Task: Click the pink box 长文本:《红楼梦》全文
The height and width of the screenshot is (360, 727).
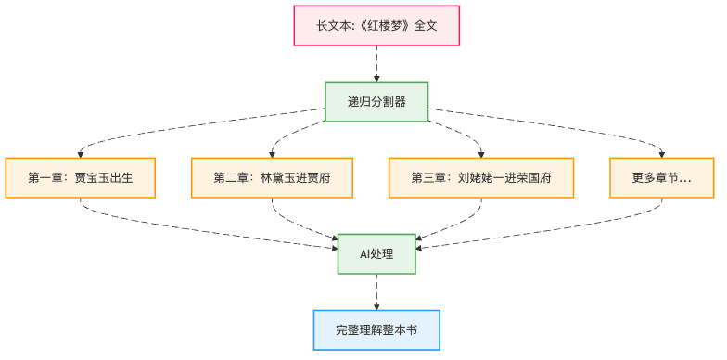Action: [x=376, y=26]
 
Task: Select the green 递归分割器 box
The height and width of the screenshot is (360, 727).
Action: [x=376, y=102]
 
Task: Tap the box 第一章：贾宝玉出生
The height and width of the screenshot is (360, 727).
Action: [x=80, y=178]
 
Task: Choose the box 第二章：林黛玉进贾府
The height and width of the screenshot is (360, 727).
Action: [x=272, y=178]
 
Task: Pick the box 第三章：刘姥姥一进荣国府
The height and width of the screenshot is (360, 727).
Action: [x=482, y=178]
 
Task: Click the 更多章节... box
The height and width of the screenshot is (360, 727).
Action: [x=662, y=178]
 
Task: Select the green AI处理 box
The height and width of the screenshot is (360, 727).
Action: [x=376, y=254]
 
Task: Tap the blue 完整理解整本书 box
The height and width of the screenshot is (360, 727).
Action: [x=376, y=330]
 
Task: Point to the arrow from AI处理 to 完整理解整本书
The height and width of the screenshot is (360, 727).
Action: [x=376, y=291]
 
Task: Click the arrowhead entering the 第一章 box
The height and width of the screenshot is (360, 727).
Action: [x=80, y=154]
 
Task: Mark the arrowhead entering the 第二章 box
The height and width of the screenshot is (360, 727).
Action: [x=272, y=154]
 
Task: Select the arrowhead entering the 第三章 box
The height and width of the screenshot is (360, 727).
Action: [x=482, y=154]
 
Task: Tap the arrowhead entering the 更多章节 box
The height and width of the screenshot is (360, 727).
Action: [x=662, y=154]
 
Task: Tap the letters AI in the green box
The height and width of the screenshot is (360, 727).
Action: [x=365, y=254]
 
